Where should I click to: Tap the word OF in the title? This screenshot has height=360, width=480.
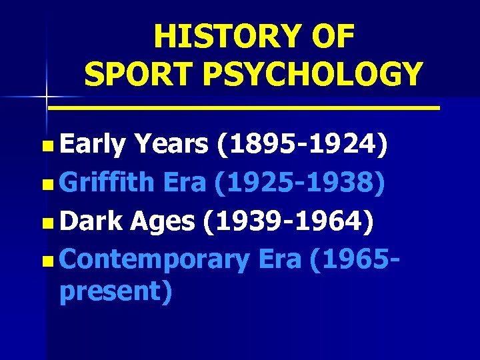point(333,37)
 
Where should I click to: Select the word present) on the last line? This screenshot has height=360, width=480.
point(115,291)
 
